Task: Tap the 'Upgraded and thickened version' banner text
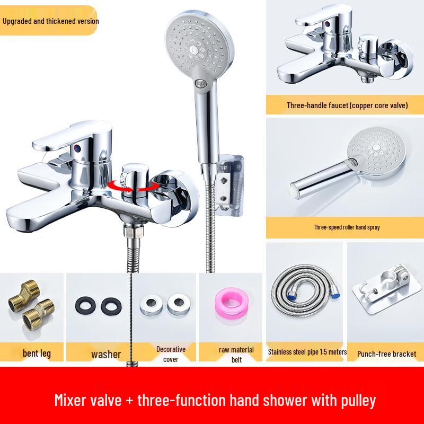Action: (x=51, y=21)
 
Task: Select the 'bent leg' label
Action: (x=37, y=353)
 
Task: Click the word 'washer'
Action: (x=106, y=354)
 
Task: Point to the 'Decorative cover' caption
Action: (x=171, y=354)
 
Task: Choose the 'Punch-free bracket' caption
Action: (x=386, y=354)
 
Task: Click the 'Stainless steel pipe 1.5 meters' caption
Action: (x=307, y=352)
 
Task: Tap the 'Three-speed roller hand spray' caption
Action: (x=347, y=227)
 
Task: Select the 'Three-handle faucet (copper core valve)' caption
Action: (x=347, y=105)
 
